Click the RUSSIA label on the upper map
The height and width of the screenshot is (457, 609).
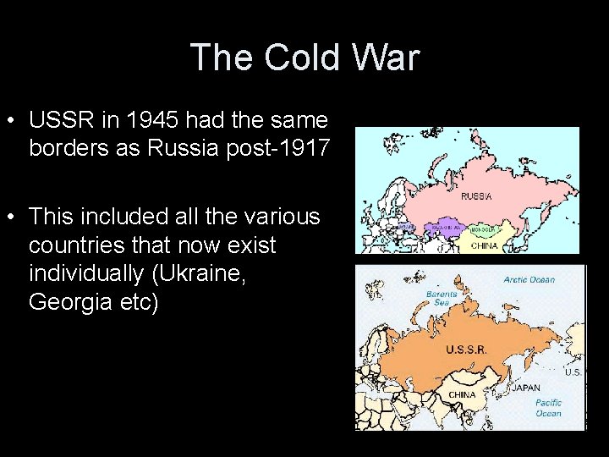pos(476,195)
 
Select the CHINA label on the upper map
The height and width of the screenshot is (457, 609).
pos(484,245)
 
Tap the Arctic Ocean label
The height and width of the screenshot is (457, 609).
pos(529,279)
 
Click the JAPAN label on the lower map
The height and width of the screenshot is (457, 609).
pos(526,388)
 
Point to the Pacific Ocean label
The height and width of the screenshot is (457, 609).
pos(548,408)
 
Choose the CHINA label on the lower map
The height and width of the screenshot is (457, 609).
pos(462,394)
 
